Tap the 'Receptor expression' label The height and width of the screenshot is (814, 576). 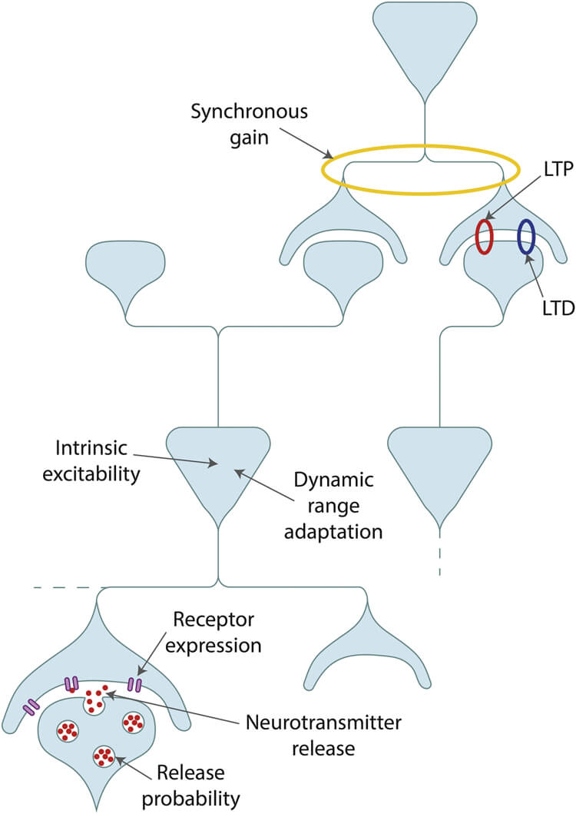pyautogui.click(x=217, y=632)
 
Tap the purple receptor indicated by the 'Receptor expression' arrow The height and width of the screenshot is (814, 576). pyautogui.click(x=135, y=683)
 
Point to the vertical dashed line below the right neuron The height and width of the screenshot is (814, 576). pyautogui.click(x=440, y=560)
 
